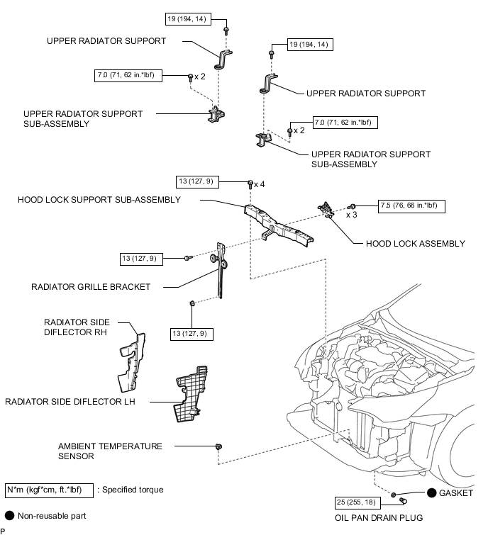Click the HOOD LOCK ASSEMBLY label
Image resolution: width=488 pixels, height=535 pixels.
415,243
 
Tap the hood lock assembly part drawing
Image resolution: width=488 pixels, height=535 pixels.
328,210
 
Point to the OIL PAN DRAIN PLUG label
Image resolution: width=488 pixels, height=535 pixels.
379,517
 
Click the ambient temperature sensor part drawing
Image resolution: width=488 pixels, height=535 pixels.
219,446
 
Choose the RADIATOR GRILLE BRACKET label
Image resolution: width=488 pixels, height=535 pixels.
91,287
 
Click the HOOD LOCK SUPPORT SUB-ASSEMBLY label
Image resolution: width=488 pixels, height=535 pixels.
99,200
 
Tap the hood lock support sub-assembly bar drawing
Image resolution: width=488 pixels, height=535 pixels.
281,224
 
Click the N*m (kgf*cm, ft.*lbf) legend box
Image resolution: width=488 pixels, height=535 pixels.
48,490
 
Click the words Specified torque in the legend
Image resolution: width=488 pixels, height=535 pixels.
135,490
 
